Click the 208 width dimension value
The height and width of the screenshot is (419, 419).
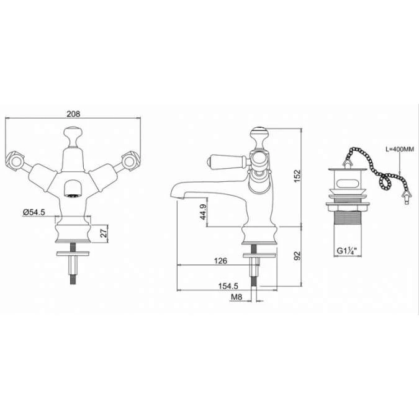[73, 114]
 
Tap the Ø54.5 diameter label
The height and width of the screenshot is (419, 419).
[34, 212]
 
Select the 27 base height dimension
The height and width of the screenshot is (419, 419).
[104, 232]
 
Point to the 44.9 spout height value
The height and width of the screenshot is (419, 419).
[203, 212]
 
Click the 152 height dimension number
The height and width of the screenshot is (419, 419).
[297, 176]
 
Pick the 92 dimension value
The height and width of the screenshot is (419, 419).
[297, 256]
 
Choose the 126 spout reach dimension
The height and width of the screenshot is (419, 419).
[220, 261]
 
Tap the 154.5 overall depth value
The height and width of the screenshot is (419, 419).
[228, 286]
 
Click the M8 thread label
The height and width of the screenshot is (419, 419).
[237, 297]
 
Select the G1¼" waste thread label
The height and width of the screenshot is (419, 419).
[347, 251]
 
